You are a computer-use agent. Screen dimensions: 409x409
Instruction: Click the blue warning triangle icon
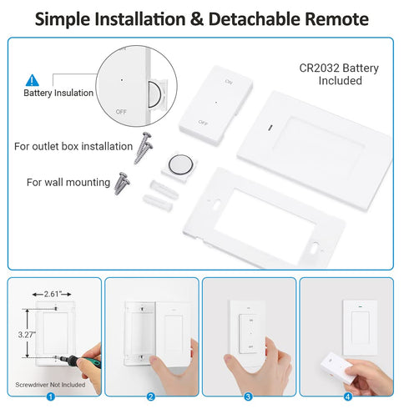coord(33,80)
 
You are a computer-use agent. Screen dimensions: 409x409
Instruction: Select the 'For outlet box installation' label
coord(73,146)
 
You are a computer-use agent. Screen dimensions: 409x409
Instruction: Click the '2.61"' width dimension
coord(53,295)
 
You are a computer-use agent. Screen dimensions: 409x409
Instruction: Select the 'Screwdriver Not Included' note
coord(49,385)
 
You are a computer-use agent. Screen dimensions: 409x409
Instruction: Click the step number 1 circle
coord(52,396)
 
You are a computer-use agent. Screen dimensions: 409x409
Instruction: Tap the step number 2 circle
coord(151,396)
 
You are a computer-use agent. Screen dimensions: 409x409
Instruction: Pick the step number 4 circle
coord(349,396)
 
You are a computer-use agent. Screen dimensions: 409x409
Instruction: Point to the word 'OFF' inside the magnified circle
coord(123,110)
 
